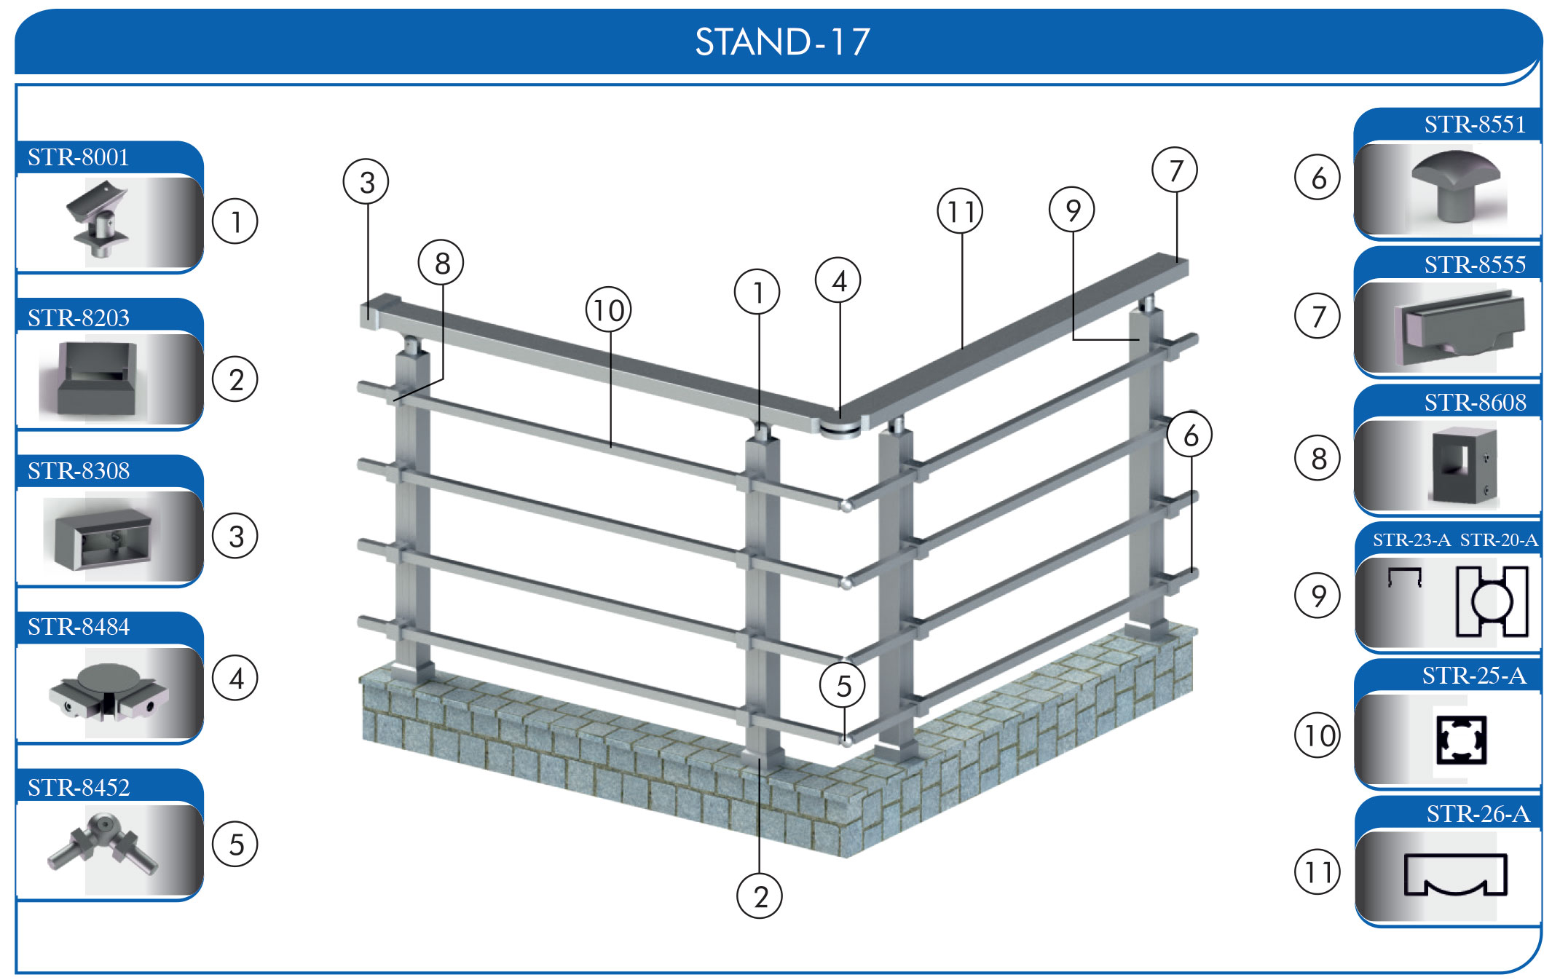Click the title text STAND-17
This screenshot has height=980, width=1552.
tap(782, 42)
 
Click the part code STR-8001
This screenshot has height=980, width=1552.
tap(78, 157)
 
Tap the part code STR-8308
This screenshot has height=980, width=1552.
tap(78, 471)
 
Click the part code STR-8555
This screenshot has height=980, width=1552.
tap(1475, 264)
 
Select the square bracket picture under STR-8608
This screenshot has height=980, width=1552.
tap(1465, 466)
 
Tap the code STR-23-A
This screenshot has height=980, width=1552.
tap(1411, 540)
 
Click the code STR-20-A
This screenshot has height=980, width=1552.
tap(1499, 540)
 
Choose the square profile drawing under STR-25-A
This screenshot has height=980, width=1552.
tap(1460, 740)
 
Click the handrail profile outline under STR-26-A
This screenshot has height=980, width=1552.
tap(1455, 874)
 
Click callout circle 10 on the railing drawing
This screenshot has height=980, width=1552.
tap(608, 310)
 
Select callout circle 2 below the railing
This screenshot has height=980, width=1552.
tap(760, 896)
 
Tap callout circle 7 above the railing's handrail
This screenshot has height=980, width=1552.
tap(1175, 170)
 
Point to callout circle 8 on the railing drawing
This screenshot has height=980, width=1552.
tap(441, 263)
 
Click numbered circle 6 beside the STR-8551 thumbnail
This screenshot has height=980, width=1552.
tap(1317, 178)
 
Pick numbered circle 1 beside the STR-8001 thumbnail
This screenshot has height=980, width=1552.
tap(235, 221)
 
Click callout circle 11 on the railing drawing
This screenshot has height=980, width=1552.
tap(960, 211)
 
